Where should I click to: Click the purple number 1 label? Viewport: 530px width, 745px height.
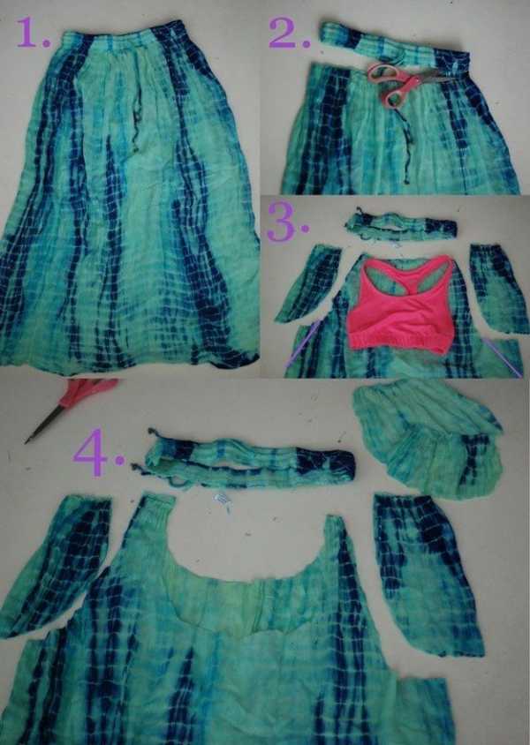[34, 34]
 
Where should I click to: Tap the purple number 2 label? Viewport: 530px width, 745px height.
[289, 34]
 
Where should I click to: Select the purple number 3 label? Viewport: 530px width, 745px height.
[287, 222]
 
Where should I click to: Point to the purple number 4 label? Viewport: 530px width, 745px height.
[99, 451]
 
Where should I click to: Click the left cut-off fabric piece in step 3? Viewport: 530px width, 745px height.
[308, 283]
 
